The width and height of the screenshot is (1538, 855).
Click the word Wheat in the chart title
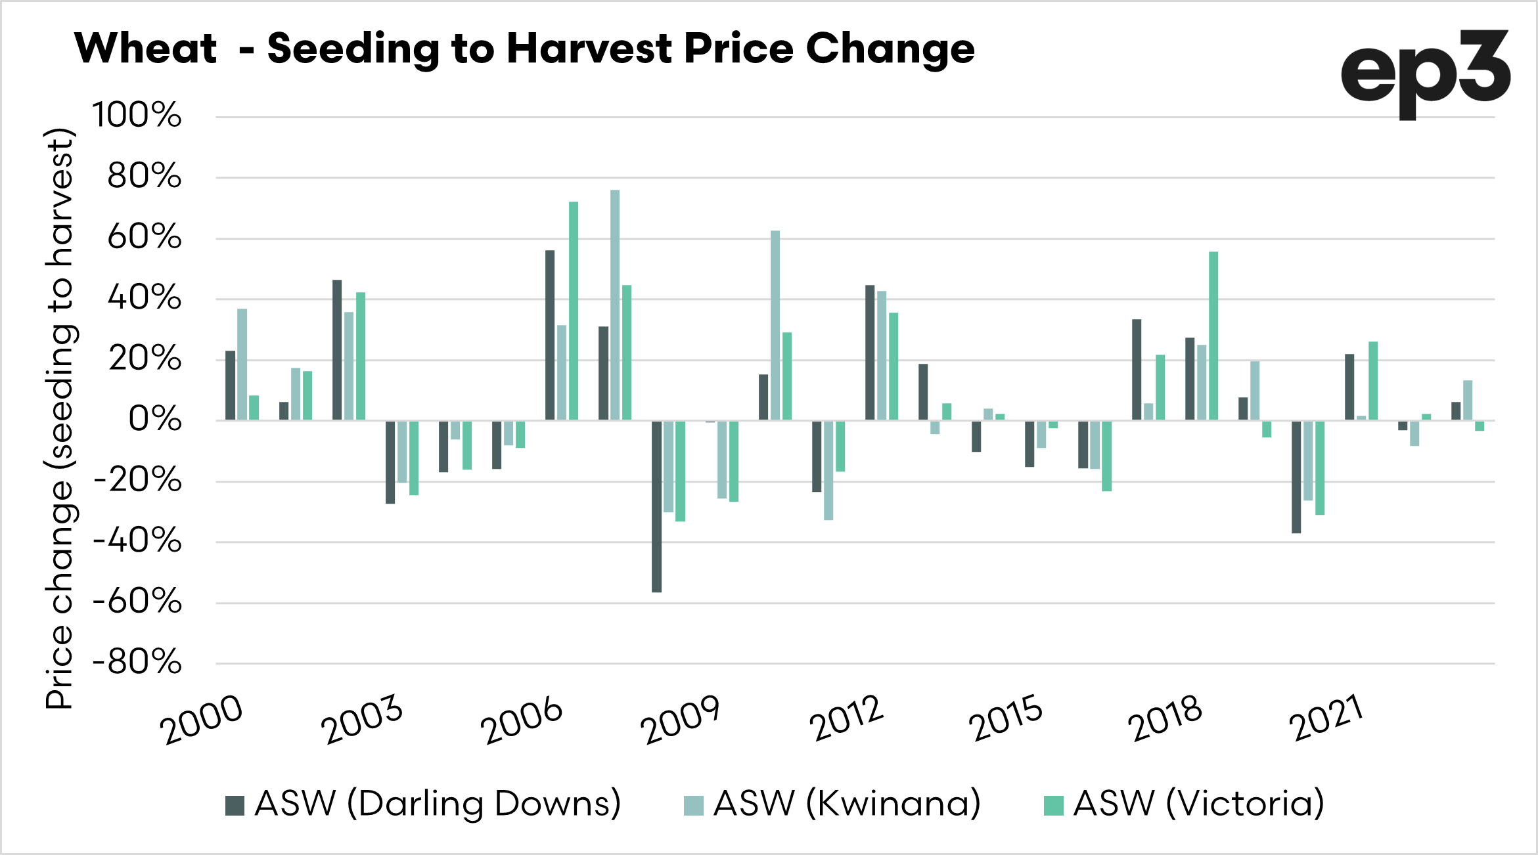(x=145, y=49)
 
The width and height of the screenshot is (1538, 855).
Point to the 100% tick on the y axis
(x=137, y=116)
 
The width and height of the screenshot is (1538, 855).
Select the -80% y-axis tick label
(x=137, y=662)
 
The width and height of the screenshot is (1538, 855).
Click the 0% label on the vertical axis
(x=155, y=420)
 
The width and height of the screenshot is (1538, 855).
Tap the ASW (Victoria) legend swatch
(x=1053, y=805)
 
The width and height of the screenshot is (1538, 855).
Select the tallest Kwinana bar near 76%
(x=615, y=305)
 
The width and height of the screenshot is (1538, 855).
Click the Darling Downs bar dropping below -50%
(x=656, y=506)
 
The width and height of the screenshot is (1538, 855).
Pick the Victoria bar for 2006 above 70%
(x=574, y=311)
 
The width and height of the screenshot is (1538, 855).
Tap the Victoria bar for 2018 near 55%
(x=1213, y=336)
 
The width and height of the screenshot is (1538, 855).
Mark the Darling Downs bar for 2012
(x=870, y=353)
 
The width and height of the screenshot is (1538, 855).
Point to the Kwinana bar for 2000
(x=242, y=364)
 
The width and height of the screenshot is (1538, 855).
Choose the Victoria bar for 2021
(x=1373, y=381)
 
